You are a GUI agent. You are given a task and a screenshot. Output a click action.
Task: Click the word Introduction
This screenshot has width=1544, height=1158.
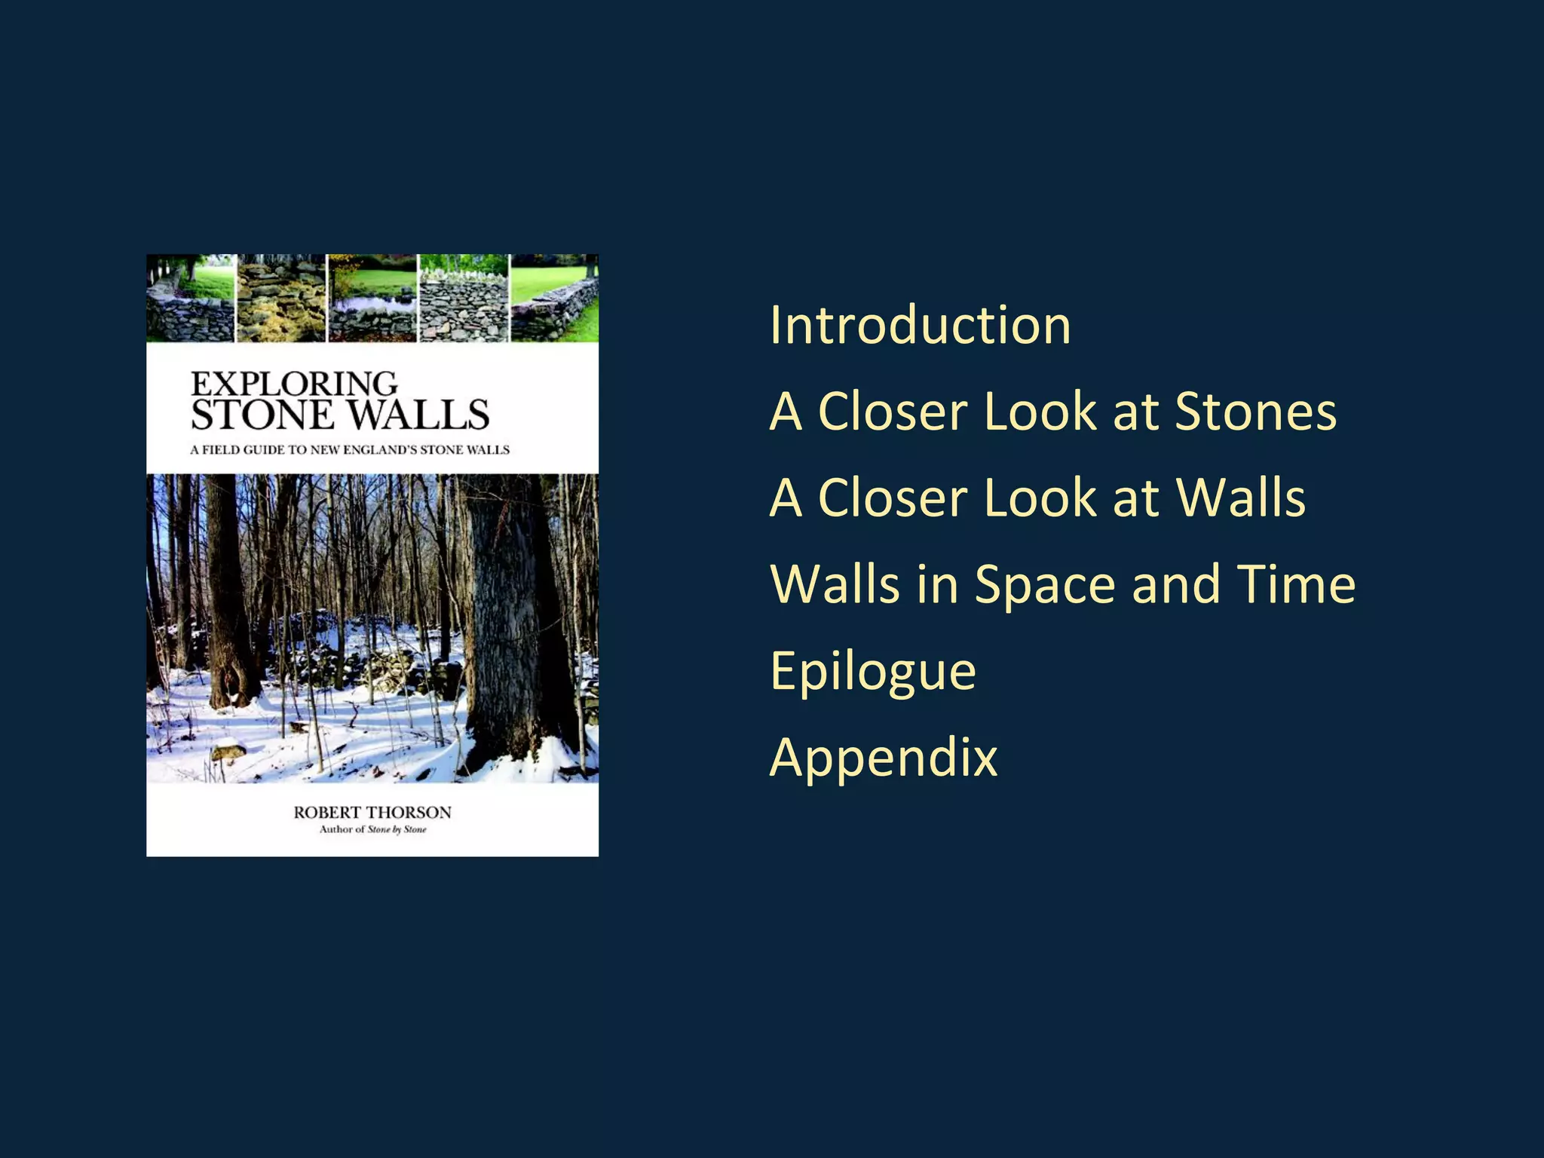[x=920, y=326]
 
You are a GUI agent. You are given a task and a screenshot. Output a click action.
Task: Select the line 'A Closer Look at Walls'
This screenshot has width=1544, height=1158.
[x=1037, y=498]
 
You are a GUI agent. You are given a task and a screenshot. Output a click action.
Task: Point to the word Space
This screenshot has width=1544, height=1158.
[x=1044, y=585]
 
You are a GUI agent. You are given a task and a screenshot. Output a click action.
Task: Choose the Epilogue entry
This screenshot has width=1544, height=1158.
[x=873, y=672]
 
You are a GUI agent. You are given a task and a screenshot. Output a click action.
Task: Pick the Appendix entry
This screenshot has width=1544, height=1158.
[x=884, y=758]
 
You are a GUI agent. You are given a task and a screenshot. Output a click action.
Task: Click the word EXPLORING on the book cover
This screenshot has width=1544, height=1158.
[x=294, y=384]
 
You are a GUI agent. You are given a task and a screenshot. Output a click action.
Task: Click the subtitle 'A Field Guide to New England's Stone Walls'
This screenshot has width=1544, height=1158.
[x=350, y=450]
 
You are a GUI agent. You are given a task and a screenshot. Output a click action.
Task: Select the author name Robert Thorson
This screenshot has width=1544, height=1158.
[x=372, y=812]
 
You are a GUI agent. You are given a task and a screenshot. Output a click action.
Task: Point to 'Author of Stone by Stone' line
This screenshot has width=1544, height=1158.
[x=372, y=829]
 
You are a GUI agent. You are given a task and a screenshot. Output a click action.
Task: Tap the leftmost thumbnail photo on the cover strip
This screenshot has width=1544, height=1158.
[x=191, y=299]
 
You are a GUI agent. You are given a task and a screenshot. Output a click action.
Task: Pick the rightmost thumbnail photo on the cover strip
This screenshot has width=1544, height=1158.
[x=555, y=299]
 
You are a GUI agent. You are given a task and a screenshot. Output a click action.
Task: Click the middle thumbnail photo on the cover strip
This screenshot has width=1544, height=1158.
[x=372, y=299]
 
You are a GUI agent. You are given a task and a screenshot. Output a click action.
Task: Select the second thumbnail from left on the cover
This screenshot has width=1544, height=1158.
[x=281, y=299]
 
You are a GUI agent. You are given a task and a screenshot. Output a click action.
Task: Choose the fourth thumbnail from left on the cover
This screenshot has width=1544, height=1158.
[x=464, y=299]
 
